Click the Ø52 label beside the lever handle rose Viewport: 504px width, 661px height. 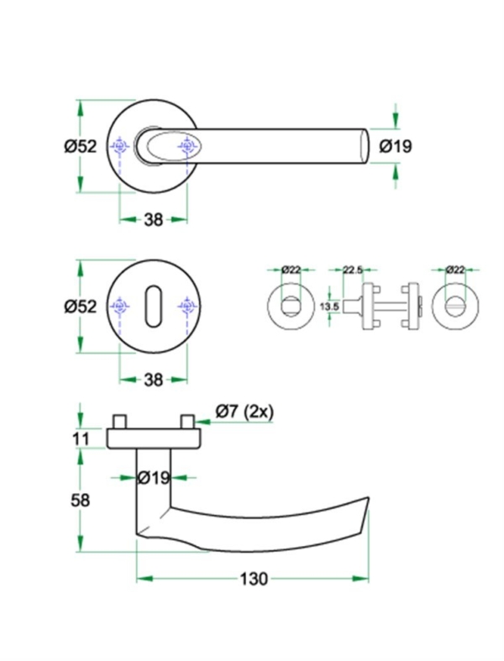[81, 146]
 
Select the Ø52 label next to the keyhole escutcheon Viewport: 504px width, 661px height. [81, 307]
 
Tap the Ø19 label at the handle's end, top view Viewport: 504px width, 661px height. [396, 145]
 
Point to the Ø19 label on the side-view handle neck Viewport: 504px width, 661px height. [154, 478]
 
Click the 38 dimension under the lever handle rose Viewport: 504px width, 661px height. [153, 220]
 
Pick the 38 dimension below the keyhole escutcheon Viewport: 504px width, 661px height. [153, 380]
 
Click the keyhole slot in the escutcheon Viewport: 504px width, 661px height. [153, 307]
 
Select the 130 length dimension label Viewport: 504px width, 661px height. [253, 579]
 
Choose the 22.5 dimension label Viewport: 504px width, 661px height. [354, 270]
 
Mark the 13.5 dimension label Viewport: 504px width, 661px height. [330, 307]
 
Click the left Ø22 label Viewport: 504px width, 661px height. [291, 270]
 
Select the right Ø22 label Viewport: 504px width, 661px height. [454, 270]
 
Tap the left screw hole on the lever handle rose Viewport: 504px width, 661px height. [120, 148]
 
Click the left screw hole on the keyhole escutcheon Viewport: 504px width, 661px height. [120, 307]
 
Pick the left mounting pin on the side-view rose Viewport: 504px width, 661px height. [120, 420]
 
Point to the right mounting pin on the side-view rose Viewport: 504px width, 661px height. [187, 420]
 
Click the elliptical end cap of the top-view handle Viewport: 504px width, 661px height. [365, 146]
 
